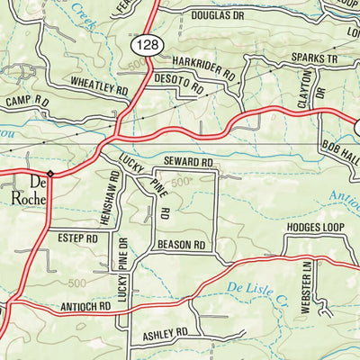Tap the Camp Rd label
[20, 102]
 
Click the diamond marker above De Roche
[50, 171]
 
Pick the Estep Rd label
[78, 239]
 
